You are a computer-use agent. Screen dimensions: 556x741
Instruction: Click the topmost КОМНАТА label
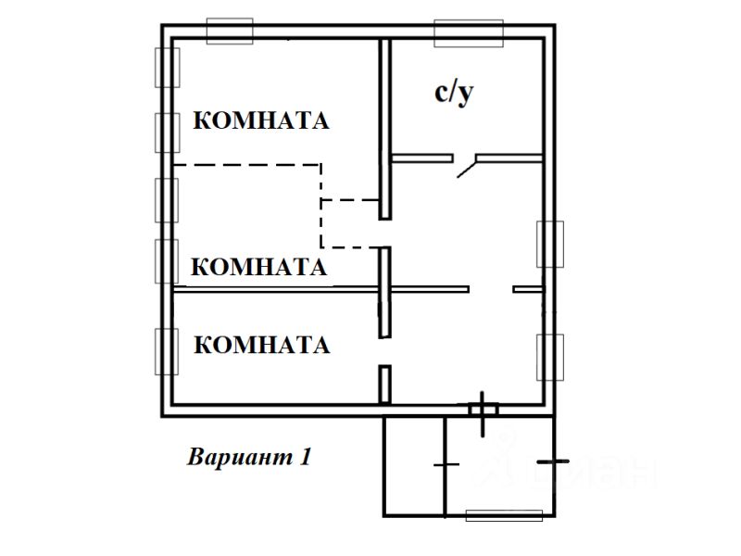coord(261,120)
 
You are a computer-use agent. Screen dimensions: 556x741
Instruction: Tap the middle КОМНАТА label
coord(258,267)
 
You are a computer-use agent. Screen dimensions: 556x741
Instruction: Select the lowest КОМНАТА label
coord(262,345)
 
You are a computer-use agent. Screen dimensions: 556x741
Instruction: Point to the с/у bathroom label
coord(454,93)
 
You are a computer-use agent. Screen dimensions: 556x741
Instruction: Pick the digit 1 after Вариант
coord(304,457)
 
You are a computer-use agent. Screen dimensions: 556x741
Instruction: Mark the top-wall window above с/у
coord(469,32)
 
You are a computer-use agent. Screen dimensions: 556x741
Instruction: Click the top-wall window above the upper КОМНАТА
coord(229,31)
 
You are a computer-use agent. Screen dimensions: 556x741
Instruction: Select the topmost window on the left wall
coord(167,66)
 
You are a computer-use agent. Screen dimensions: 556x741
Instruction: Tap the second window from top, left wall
coord(167,132)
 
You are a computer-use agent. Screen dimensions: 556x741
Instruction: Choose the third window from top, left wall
coord(167,199)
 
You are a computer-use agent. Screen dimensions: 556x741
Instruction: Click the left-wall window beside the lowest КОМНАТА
coord(167,351)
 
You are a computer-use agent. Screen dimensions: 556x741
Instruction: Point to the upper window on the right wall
coord(550,244)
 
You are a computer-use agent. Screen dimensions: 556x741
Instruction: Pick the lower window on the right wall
coord(550,356)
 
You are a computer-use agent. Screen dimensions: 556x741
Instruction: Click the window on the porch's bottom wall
coord(503,516)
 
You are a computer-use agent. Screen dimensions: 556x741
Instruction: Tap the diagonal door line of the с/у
coord(467,167)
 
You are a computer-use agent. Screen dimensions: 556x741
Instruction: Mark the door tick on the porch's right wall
coord(553,461)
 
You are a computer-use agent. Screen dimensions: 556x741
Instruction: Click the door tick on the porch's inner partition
coord(446,463)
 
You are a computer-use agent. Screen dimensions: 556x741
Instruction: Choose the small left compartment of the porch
coord(414,466)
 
